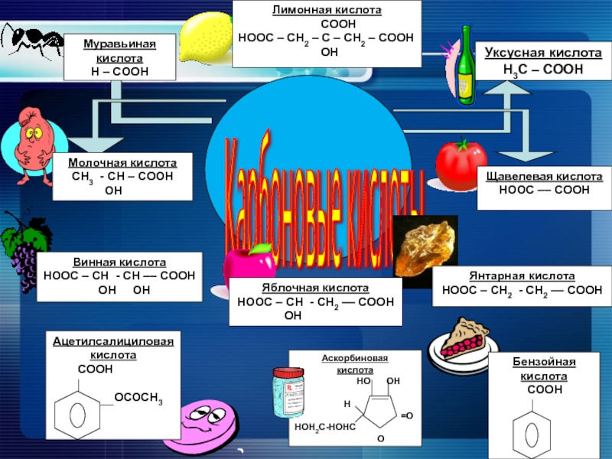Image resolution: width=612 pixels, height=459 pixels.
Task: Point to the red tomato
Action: (461, 163)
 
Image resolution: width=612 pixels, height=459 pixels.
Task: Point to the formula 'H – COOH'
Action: (119, 71)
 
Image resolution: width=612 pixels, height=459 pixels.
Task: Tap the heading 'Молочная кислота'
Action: (122, 164)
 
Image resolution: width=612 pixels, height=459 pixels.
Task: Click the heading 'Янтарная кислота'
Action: (522, 276)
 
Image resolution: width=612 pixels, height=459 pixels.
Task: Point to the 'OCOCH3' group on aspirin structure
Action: (138, 397)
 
